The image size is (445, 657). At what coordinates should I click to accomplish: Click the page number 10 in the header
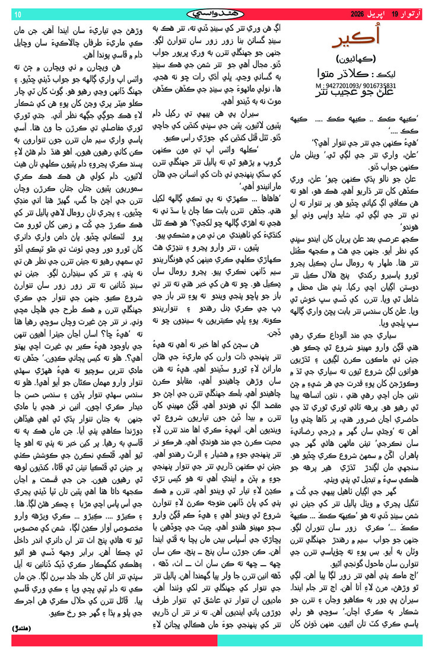pyautogui.click(x=18, y=14)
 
